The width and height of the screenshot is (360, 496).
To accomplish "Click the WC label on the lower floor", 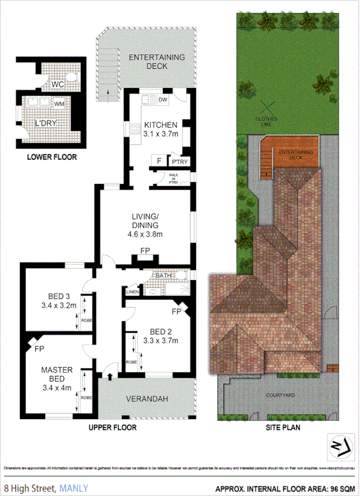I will coord(57,84).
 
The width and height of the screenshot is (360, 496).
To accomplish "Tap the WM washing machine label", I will coord(59,104).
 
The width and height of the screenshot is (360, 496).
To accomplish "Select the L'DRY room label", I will coord(44,123).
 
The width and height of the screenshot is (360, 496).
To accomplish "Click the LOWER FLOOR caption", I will coord(51,157).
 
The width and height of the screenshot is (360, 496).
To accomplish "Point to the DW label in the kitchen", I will coord(162,100).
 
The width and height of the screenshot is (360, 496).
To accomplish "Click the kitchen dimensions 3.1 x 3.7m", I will coord(161,134).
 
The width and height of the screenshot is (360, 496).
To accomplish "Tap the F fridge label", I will coord(158,162).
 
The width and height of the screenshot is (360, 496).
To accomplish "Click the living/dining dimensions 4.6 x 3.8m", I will coord(144,234).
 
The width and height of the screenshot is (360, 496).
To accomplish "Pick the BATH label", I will coord(163,276).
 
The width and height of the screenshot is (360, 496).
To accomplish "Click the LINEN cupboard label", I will coord(132,293).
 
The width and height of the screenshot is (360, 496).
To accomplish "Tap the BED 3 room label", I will coord(59,296).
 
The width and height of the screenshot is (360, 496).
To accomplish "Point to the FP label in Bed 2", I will coord(176,312).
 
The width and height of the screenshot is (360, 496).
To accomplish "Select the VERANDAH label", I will coord(147,399).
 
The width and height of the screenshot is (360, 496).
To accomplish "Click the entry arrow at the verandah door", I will coord(109,375).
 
